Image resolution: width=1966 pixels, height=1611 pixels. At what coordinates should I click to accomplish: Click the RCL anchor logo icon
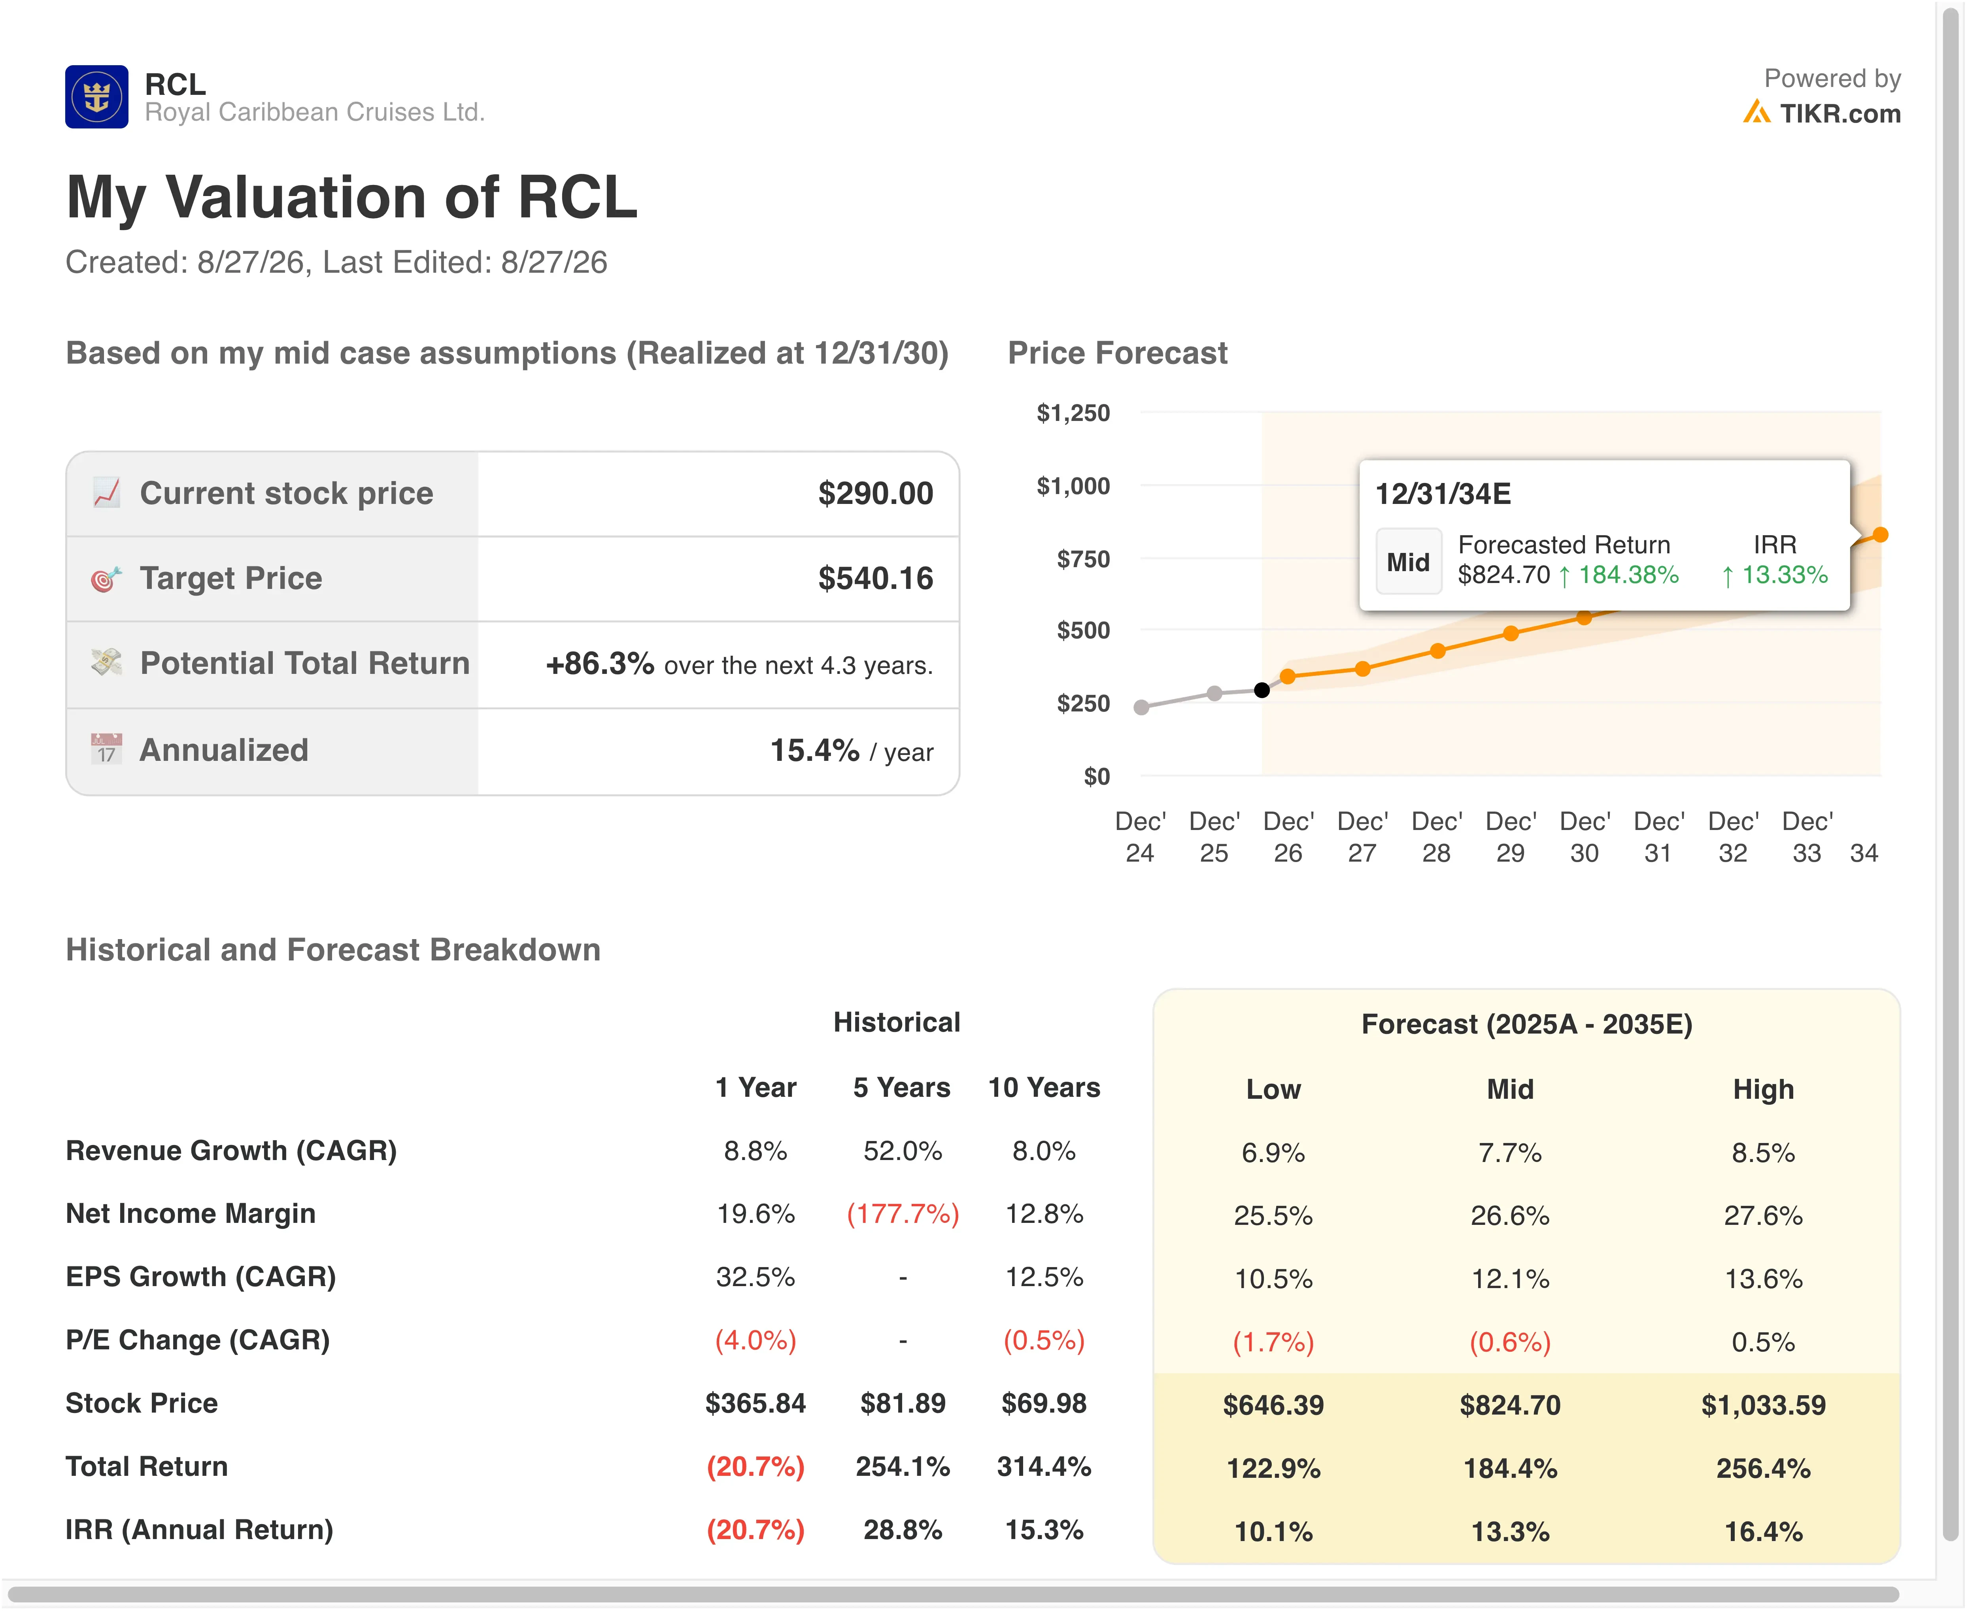click(96, 96)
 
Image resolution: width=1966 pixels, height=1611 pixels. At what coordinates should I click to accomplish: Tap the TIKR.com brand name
click(1840, 113)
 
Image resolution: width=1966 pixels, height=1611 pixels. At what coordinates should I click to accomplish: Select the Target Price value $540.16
click(875, 578)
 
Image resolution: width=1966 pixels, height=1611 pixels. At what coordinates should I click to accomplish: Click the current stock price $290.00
click(875, 493)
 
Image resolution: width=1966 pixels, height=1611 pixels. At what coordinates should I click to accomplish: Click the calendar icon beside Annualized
click(106, 749)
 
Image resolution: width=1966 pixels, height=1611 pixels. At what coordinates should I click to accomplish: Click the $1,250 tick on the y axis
click(1073, 413)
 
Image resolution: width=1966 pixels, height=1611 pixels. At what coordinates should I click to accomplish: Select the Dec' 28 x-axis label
click(1436, 837)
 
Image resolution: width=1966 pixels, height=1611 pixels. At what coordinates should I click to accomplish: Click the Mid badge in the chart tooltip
click(1408, 561)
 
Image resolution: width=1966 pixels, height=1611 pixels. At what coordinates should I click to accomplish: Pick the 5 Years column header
click(901, 1088)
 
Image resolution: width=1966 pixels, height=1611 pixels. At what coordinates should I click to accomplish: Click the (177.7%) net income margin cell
click(902, 1214)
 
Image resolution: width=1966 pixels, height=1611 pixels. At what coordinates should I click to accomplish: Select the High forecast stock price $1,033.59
click(1763, 1405)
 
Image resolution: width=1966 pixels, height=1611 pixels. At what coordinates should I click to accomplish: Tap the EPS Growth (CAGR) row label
click(200, 1277)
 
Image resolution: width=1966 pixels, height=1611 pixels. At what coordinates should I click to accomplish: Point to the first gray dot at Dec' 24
click(1141, 707)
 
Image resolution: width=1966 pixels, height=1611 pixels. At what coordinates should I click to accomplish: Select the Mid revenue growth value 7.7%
click(1509, 1153)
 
